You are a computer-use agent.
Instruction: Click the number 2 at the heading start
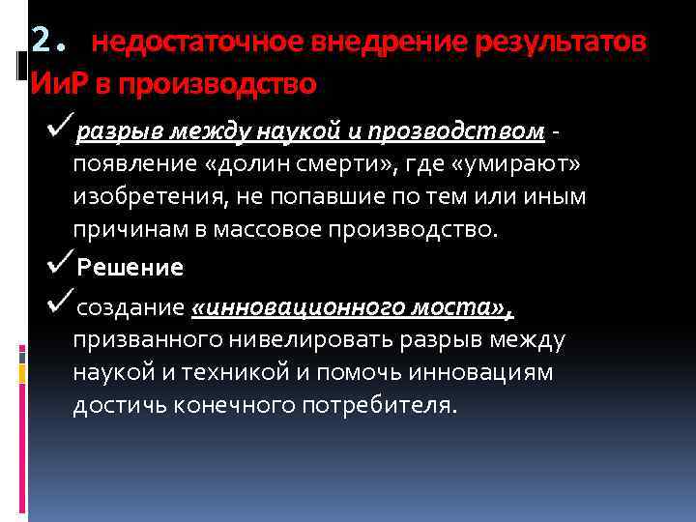(x=41, y=40)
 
